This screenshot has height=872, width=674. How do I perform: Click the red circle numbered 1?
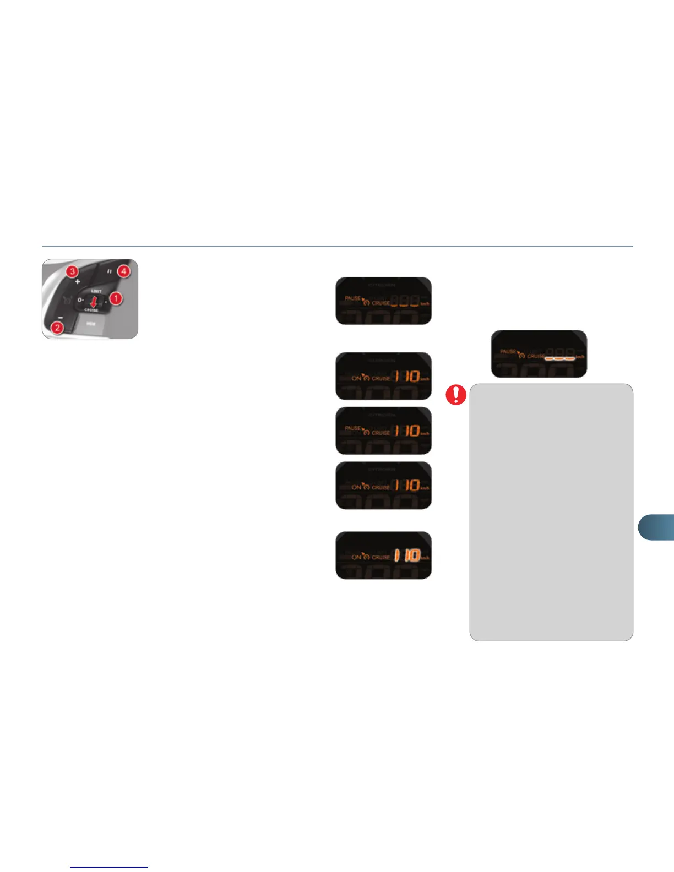pos(116,298)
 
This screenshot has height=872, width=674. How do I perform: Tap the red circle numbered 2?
pos(56,327)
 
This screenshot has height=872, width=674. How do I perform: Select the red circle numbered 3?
pos(72,271)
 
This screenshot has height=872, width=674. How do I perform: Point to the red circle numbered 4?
pos(124,271)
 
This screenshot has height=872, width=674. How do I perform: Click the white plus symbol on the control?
pos(77,281)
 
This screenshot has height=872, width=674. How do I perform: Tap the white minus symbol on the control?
pos(61,318)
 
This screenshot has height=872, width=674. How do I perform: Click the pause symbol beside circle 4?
pos(110,271)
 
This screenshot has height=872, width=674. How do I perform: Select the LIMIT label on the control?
pos(96,291)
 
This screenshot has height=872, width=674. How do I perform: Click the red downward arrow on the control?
pos(93,301)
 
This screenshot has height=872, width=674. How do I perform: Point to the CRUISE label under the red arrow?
pos(91,310)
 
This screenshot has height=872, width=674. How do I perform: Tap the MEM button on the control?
pos(91,324)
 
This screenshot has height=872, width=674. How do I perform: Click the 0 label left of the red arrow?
pos(80,300)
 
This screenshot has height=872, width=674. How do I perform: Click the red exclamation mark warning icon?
pos(456,395)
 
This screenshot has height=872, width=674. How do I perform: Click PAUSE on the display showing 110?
pos(353,428)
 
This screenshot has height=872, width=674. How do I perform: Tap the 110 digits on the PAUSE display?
pos(406,430)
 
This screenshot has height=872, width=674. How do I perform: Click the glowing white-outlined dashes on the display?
pos(559,357)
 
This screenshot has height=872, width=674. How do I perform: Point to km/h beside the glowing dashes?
pos(580,357)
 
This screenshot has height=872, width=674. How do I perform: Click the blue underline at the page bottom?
pos(110,867)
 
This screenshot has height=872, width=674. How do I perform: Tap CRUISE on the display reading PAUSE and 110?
pos(381,433)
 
